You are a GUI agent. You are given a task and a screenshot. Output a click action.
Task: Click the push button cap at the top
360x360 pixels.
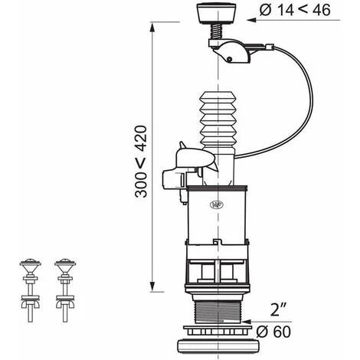click(218, 14)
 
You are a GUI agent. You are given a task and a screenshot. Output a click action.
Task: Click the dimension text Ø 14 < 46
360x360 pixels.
click(295, 10)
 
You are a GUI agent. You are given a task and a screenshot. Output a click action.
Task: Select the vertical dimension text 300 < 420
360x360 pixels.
click(141, 162)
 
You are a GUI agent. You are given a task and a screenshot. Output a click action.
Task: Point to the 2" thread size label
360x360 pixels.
click(278, 310)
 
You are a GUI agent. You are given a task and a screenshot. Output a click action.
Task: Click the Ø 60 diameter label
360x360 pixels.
click(273, 332)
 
